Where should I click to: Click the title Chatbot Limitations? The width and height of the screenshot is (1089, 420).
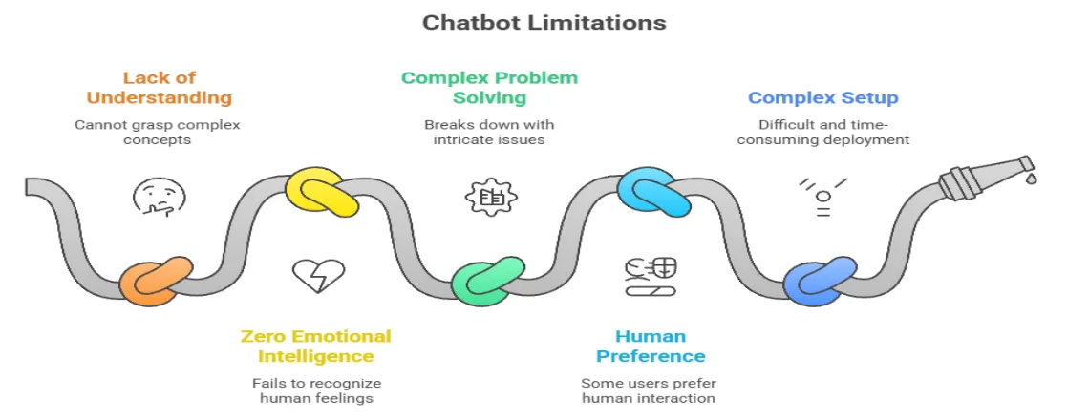[544, 21]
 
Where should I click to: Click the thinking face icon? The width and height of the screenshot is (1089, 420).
[159, 198]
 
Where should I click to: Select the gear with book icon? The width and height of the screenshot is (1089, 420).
[490, 198]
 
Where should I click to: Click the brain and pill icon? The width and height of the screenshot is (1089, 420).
[651, 276]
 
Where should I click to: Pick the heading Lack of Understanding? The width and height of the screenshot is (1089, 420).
[159, 88]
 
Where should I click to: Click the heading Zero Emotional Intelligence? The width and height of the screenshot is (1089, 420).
[315, 346]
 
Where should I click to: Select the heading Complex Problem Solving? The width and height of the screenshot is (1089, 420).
[489, 88]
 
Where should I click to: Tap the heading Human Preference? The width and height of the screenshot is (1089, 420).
[651, 346]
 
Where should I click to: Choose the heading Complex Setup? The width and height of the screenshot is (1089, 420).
[822, 97]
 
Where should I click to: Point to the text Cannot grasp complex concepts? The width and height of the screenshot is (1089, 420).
[159, 133]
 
